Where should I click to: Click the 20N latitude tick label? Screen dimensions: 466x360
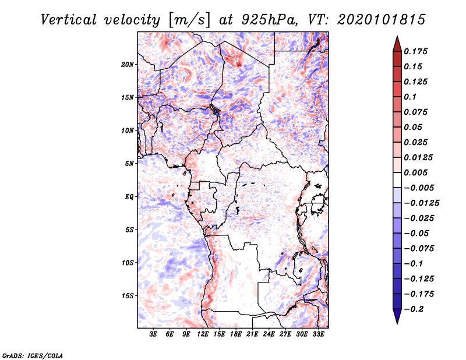pyautogui.click(x=128, y=65)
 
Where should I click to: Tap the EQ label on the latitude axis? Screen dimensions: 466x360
pyautogui.click(x=129, y=197)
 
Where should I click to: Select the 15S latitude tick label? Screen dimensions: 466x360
pyautogui.click(x=128, y=296)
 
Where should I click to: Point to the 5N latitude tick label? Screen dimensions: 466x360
pyautogui.click(x=129, y=164)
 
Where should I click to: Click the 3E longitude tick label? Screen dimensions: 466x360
pyautogui.click(x=153, y=334)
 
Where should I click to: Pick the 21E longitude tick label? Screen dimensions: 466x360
pyautogui.click(x=252, y=334)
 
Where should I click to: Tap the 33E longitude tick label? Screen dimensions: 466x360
pyautogui.click(x=318, y=334)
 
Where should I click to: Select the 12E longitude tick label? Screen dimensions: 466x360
pyautogui.click(x=202, y=334)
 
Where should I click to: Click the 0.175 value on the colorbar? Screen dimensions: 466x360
pyautogui.click(x=415, y=51)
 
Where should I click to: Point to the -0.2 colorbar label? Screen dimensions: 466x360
pyautogui.click(x=414, y=309)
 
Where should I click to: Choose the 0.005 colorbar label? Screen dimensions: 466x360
pyautogui.click(x=415, y=172)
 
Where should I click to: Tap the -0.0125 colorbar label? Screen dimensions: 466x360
pyautogui.click(x=421, y=203)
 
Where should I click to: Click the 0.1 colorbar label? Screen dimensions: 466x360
pyautogui.click(x=410, y=97)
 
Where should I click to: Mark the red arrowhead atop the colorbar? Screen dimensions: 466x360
pyautogui.click(x=397, y=44)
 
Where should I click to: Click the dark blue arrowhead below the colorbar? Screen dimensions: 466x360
pyautogui.click(x=397, y=316)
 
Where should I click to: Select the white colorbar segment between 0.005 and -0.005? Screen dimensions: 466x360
pyautogui.click(x=397, y=180)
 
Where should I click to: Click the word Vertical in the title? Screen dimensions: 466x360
pyautogui.click(x=69, y=20)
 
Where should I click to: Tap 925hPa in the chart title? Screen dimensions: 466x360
pyautogui.click(x=269, y=20)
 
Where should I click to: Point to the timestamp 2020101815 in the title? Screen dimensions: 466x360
pyautogui.click(x=382, y=20)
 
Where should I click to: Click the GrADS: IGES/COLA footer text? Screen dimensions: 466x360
pyautogui.click(x=33, y=355)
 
